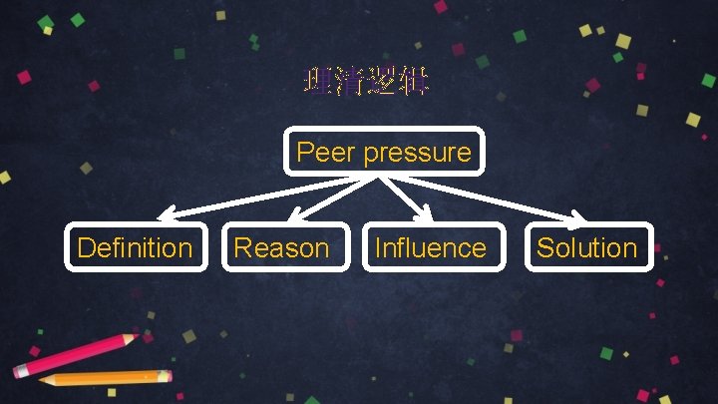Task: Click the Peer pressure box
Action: click(x=384, y=153)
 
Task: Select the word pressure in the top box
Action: click(x=417, y=153)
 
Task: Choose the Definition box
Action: click(x=135, y=247)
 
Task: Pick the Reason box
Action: click(x=281, y=247)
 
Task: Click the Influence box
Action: click(x=431, y=247)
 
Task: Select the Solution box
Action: click(x=587, y=247)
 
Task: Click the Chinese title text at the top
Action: click(x=366, y=82)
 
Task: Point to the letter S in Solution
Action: click(x=545, y=247)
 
